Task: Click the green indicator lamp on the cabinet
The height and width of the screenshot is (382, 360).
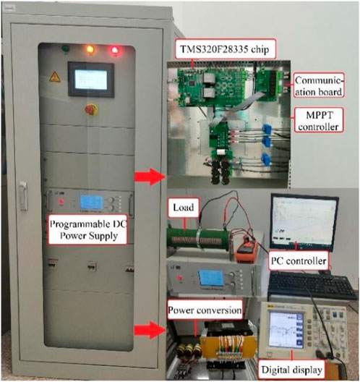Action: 65,48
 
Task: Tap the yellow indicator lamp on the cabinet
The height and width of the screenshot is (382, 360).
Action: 90,49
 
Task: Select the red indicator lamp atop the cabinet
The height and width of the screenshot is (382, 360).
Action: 115,50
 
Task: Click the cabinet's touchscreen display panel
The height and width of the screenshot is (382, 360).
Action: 91,80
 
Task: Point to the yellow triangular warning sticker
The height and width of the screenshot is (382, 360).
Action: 55,77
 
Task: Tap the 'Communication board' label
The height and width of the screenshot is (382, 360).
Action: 319,85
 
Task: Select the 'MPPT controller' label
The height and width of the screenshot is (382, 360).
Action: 319,120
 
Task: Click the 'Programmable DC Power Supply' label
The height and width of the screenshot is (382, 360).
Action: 88,229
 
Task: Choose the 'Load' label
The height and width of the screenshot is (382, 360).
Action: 184,208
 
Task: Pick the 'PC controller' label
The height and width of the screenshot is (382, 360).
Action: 299,260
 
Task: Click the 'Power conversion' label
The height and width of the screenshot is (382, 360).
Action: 205,310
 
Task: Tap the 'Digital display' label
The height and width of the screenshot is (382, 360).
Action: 292,370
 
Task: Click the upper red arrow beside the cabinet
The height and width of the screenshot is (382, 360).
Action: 150,177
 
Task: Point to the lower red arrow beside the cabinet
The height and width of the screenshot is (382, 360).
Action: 150,331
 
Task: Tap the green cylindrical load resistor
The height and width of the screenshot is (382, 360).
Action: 198,240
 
